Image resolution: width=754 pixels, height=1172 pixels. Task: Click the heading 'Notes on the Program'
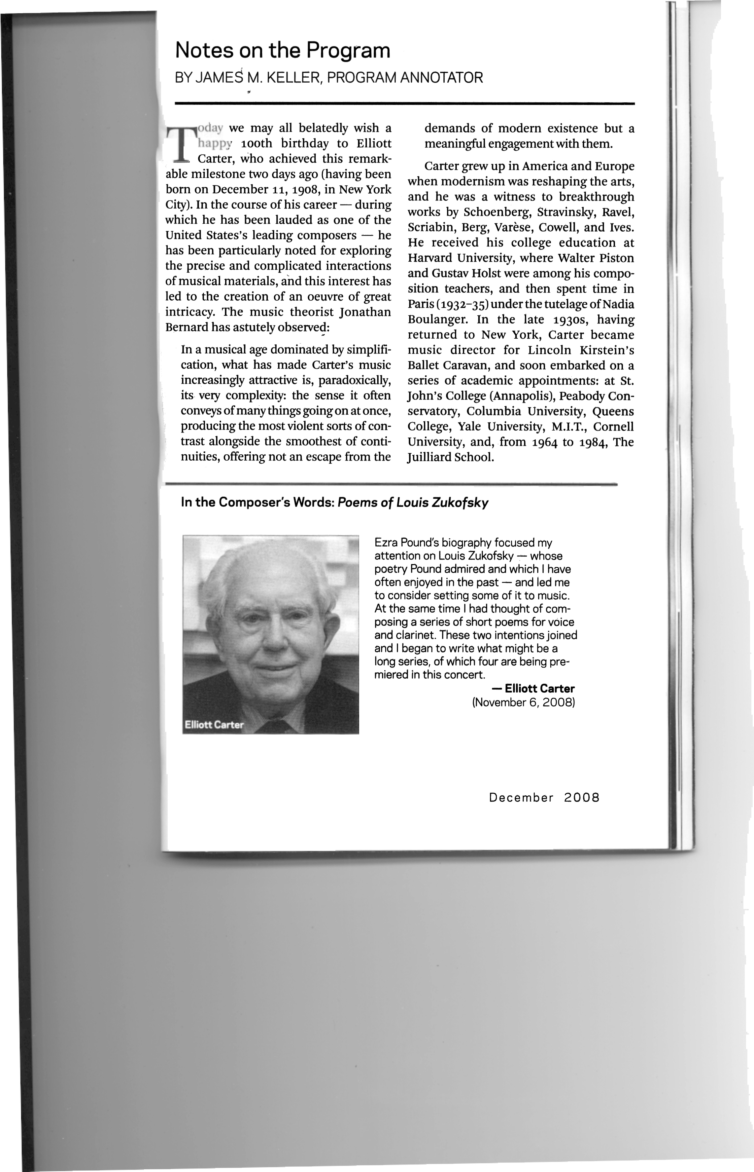pyautogui.click(x=283, y=51)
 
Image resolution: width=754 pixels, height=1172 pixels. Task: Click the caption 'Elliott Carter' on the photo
pyautogui.click(x=214, y=725)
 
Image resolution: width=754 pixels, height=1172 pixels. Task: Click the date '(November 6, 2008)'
pyautogui.click(x=523, y=702)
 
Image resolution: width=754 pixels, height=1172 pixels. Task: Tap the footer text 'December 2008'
pyautogui.click(x=544, y=798)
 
